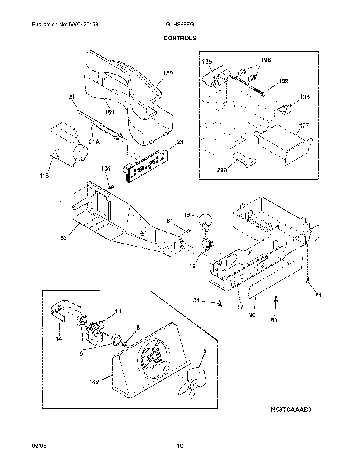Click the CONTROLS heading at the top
coord(180,38)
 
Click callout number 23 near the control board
coord(180,142)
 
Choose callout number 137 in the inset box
coord(304,125)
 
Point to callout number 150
coord(168,73)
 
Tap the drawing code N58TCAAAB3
coord(291,410)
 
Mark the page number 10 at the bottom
coord(180,446)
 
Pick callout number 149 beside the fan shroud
coord(94,382)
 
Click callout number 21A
coord(94,141)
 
